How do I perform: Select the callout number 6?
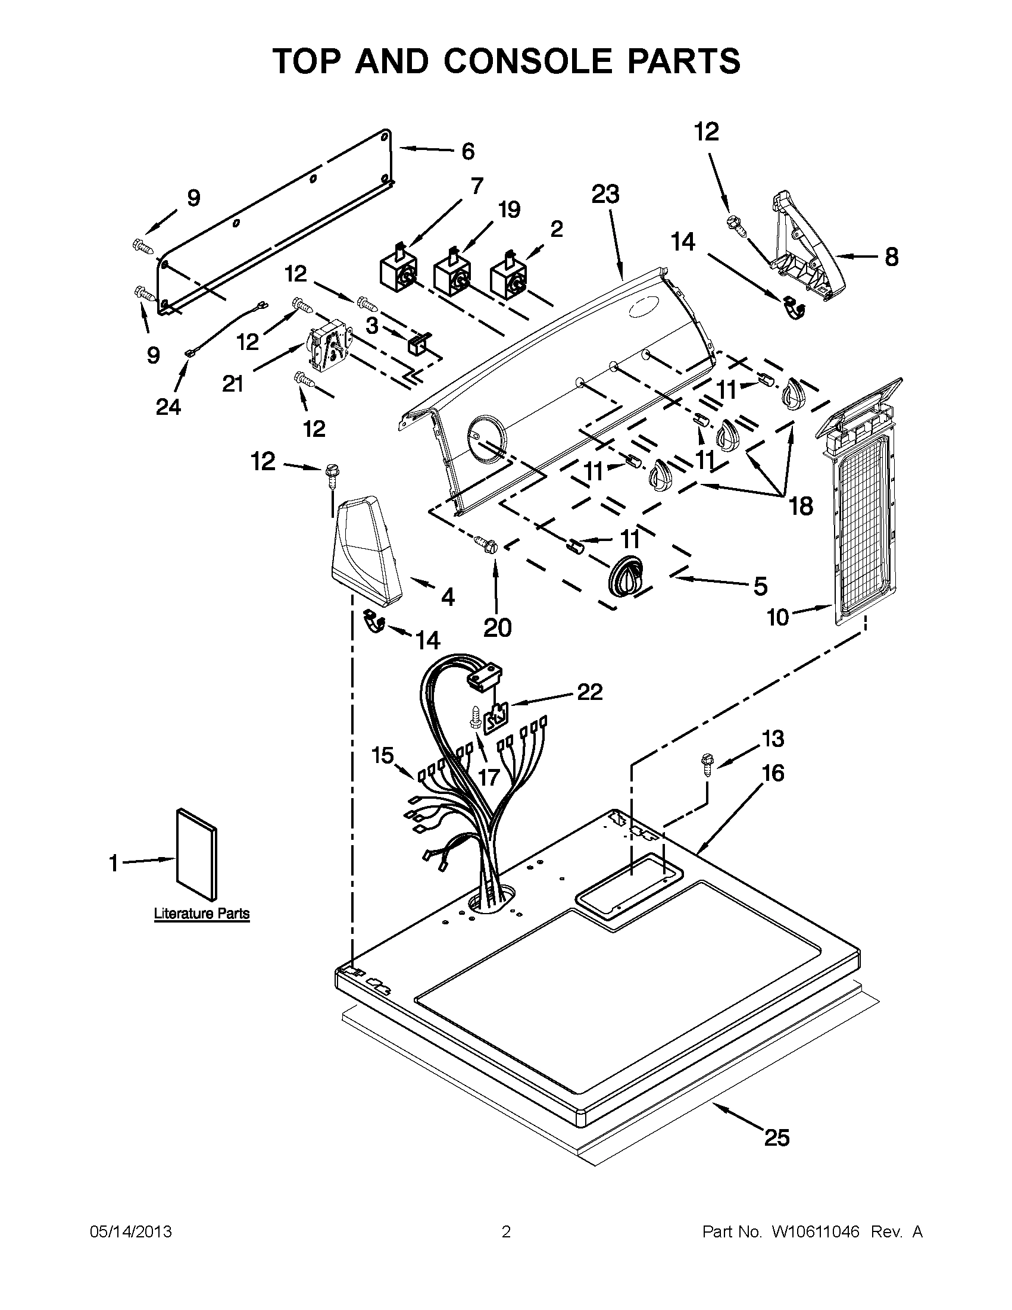tap(468, 151)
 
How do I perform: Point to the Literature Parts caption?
tap(202, 914)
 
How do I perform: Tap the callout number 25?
tap(776, 1137)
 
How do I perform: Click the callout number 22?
tap(589, 692)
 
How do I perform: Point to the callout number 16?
tap(773, 773)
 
